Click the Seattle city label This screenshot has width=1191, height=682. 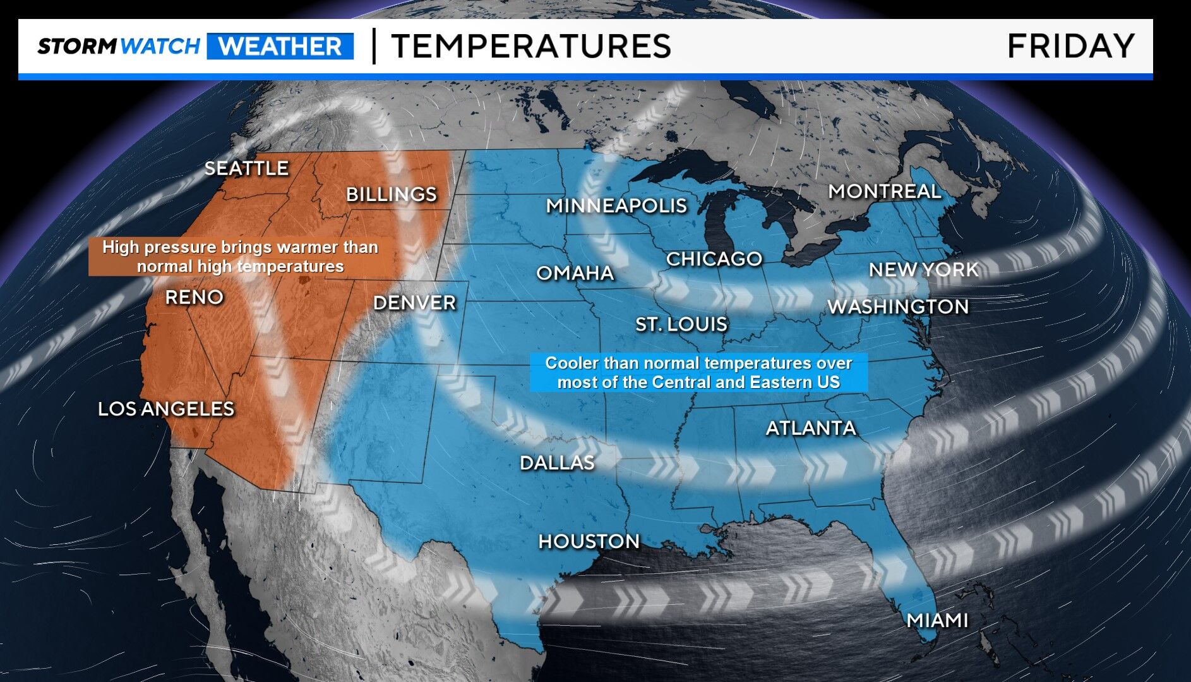(x=246, y=169)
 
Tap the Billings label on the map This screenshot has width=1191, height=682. (x=391, y=195)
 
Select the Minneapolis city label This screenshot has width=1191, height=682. (x=616, y=206)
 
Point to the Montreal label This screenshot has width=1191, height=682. (x=884, y=192)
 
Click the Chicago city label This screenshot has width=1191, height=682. (x=714, y=259)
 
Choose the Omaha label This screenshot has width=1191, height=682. (x=575, y=273)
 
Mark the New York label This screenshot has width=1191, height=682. (x=923, y=271)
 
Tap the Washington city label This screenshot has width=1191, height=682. (x=897, y=307)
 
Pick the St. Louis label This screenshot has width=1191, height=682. (x=681, y=325)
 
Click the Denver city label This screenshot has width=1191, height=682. (x=414, y=303)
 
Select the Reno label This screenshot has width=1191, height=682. (x=194, y=298)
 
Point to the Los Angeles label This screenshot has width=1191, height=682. (x=166, y=410)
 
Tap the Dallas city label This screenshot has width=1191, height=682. (x=557, y=463)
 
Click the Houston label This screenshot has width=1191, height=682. (x=589, y=542)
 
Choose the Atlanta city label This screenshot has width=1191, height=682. (x=811, y=429)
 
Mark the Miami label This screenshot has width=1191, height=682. (x=937, y=621)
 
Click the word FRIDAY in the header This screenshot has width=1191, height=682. (x=1070, y=47)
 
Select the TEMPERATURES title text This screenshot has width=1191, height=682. (x=531, y=47)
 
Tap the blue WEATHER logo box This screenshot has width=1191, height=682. (x=280, y=47)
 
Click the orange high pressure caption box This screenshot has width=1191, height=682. (x=240, y=257)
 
